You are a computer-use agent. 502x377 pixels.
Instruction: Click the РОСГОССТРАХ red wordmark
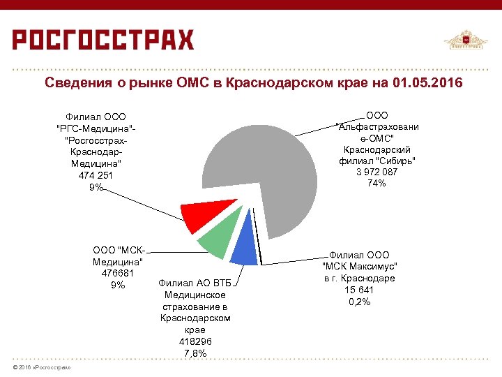tap(103, 40)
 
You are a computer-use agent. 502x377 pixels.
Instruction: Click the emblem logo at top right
tap(466, 41)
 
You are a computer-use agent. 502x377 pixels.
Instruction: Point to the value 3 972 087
tap(377, 172)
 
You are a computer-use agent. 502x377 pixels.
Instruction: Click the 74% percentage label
tap(377, 183)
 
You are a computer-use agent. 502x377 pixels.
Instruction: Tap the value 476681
tap(118, 274)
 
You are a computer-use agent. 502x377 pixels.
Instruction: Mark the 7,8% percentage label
tap(195, 354)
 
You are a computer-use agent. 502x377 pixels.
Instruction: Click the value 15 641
tap(359, 290)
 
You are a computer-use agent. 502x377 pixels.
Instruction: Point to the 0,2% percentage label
tap(359, 302)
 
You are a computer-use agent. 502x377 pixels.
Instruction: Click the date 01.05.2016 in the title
tap(427, 84)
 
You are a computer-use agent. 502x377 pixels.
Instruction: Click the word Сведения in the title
tap(75, 84)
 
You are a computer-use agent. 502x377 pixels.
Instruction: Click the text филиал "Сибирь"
tap(377, 161)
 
